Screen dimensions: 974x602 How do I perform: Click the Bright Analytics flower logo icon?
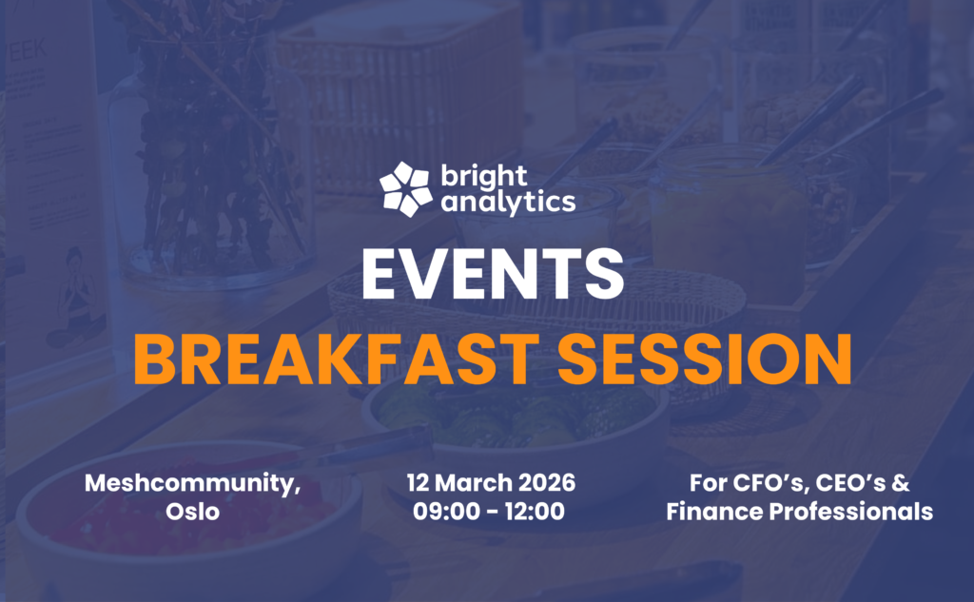coord(405,189)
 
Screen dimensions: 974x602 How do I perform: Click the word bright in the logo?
coord(484,176)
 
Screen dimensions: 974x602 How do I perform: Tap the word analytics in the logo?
coord(508,202)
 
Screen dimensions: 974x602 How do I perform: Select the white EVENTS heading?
coord(493,273)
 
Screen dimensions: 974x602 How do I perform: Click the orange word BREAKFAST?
coord(336,359)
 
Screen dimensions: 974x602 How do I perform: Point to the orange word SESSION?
coord(705,359)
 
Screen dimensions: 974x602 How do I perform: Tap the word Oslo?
coord(192,512)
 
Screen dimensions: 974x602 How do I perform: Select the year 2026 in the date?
coord(547,483)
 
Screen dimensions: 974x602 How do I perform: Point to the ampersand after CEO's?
coord(901,483)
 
